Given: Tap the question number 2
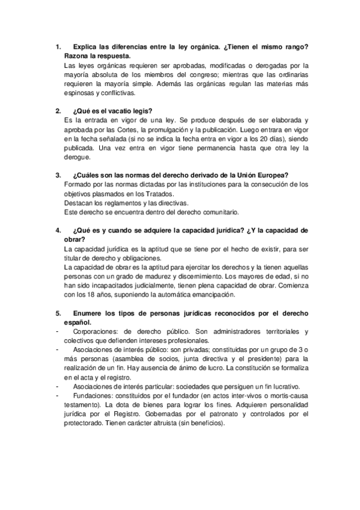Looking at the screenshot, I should point(58,111).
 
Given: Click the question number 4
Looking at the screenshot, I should point(58,230).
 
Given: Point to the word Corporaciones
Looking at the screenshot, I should point(96,332).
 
